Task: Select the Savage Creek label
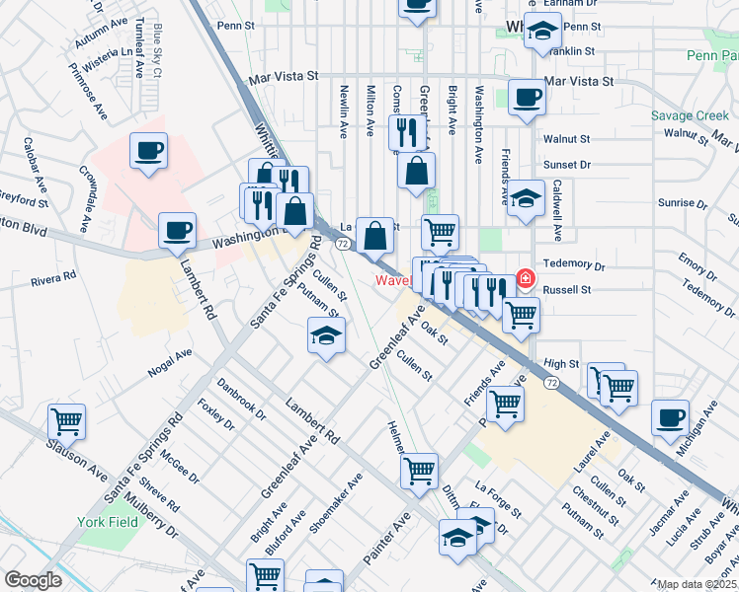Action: click(690, 115)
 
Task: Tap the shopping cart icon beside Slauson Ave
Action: click(66, 421)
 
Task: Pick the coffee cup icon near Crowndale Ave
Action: click(148, 151)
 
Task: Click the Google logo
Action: click(33, 580)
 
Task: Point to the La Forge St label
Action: click(498, 501)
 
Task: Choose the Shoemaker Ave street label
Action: click(336, 502)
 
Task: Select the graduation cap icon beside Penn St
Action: click(542, 32)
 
